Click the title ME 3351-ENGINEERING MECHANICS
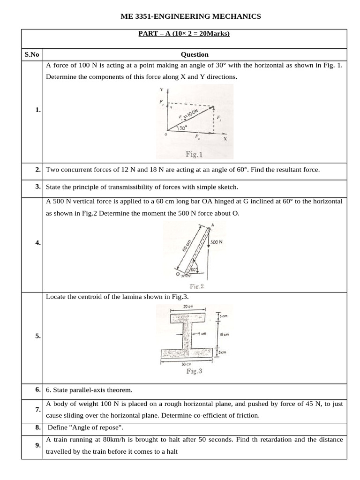tap(191, 16)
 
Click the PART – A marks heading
tap(184, 34)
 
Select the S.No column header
tap(32, 54)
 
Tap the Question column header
tap(195, 54)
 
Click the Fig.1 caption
tap(194, 154)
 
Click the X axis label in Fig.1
tap(225, 139)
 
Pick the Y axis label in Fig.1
tap(161, 89)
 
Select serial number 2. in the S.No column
tap(37, 170)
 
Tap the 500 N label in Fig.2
tap(216, 242)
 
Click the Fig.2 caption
tap(197, 286)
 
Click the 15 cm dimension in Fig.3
tap(224, 335)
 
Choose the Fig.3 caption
tap(194, 371)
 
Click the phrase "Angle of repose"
tap(93, 427)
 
